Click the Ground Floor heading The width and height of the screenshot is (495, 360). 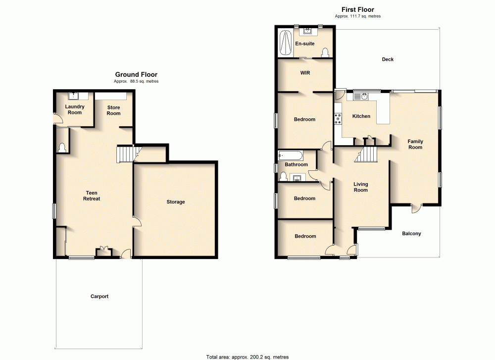[x=136, y=75]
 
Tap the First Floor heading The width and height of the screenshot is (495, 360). [x=357, y=9]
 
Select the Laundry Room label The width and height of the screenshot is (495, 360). [x=75, y=109]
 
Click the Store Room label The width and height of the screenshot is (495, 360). [x=113, y=110]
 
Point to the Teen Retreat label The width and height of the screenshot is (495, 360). [x=93, y=196]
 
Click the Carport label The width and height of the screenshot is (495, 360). [x=99, y=297]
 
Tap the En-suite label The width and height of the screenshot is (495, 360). [x=305, y=44]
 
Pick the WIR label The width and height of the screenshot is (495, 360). [x=305, y=73]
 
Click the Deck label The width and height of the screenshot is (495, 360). [x=388, y=59]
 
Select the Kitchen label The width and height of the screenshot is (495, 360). [x=361, y=116]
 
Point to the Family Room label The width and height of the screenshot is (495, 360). [x=415, y=144]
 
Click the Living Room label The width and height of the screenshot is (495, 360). [x=360, y=187]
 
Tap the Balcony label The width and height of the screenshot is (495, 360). [x=411, y=233]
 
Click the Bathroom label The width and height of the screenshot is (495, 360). [x=296, y=165]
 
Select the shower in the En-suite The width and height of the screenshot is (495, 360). [x=286, y=44]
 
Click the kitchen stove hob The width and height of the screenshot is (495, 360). [x=338, y=119]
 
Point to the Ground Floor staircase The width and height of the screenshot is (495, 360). [x=125, y=154]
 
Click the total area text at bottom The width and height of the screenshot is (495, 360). [x=247, y=357]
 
